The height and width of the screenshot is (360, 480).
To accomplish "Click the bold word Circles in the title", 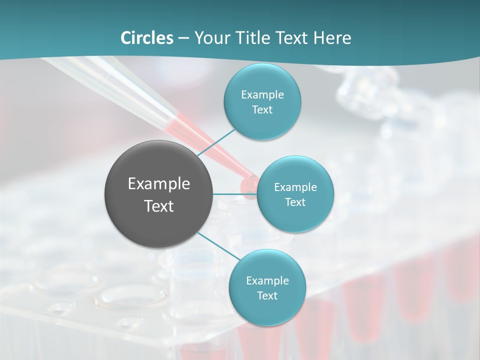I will click(x=147, y=38).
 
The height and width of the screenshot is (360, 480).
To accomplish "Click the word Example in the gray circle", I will click(x=159, y=184).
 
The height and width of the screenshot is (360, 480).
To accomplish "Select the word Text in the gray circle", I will click(x=159, y=206).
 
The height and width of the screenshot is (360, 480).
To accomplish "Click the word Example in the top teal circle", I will click(x=262, y=95).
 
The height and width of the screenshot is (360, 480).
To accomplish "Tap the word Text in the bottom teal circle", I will click(x=267, y=295).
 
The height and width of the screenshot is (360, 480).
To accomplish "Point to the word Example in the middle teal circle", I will click(x=295, y=187).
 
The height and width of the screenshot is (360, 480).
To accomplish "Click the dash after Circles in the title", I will click(x=183, y=38).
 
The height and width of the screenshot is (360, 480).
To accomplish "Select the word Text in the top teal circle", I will click(x=262, y=110).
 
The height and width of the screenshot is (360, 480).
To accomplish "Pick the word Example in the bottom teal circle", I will click(x=267, y=281).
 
